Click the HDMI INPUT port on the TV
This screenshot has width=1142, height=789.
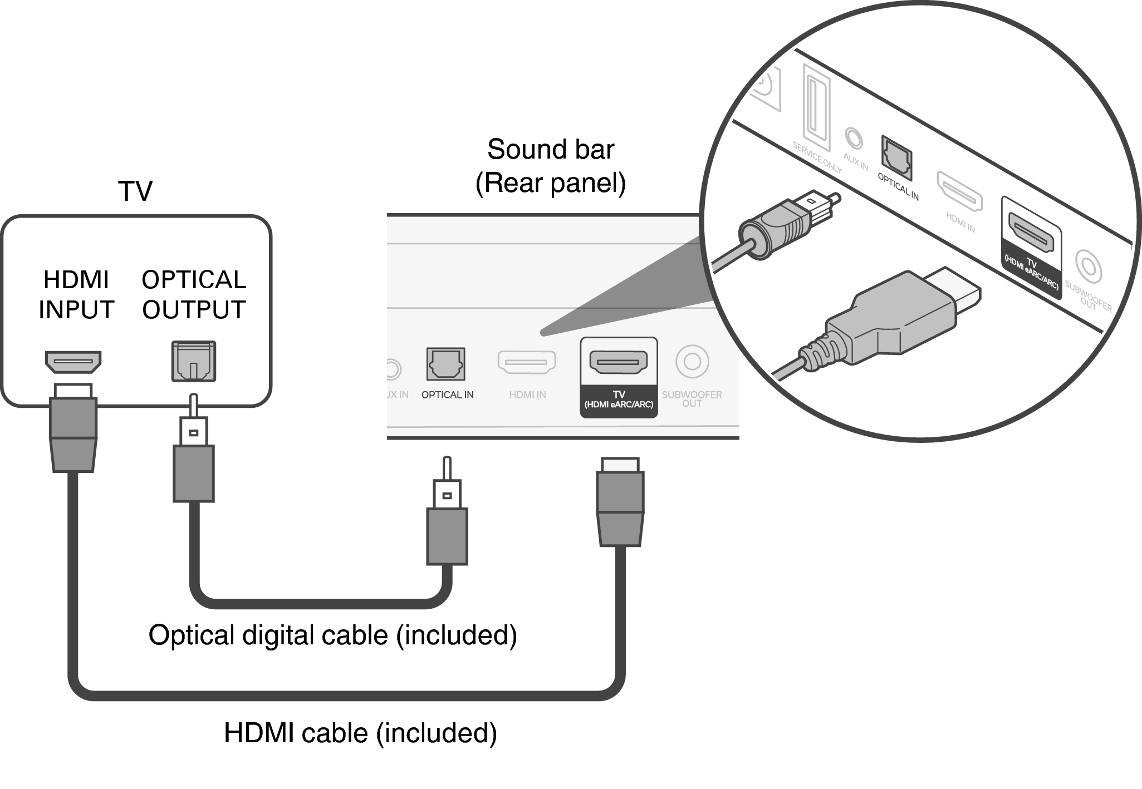point(73,362)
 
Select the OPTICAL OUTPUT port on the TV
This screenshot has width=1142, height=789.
point(193,361)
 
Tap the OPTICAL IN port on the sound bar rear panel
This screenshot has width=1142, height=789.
point(445,364)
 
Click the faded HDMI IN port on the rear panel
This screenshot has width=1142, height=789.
point(526,362)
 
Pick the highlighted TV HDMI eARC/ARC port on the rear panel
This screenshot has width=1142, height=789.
point(618,362)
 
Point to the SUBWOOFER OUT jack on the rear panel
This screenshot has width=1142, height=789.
point(692,362)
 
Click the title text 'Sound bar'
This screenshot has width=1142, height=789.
point(550,149)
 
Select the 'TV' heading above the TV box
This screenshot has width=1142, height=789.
point(135,191)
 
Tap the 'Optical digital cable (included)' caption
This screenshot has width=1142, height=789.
point(332,635)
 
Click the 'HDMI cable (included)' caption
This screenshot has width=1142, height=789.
point(360,733)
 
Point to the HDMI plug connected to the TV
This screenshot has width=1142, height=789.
point(73,428)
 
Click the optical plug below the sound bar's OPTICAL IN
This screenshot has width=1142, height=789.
point(447,517)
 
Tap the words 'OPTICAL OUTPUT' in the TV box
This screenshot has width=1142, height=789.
point(193,294)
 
